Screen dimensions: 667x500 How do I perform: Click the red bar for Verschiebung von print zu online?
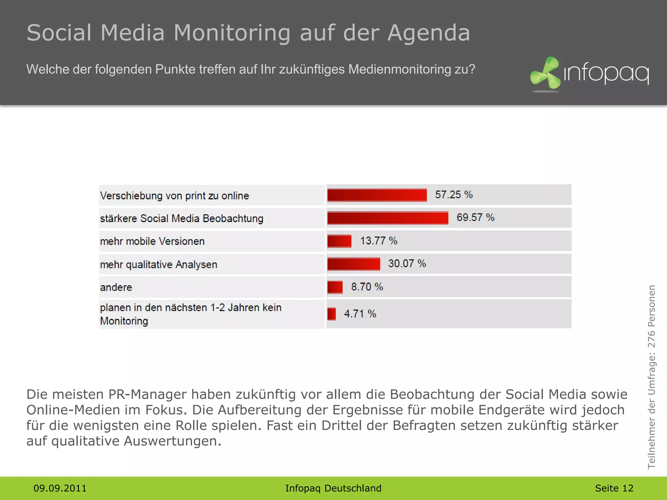pos(377,195)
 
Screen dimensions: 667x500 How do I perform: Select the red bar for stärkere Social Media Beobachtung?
pos(388,218)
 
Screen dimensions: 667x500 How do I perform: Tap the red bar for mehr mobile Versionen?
pos(339,241)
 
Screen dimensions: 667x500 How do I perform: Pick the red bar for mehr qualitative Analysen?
pos(353,264)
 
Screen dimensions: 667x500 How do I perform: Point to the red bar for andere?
pos(335,287)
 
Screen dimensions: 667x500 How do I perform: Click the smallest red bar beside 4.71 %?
pos(332,314)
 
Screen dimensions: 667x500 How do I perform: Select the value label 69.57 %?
pos(475,217)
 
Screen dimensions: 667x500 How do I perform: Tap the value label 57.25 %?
pos(454,195)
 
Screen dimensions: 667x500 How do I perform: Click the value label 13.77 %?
pos(378,241)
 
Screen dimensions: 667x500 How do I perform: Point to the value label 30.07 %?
pos(407,264)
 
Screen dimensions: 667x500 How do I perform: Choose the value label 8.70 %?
pos(367,287)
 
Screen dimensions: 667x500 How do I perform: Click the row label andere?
pos(116,287)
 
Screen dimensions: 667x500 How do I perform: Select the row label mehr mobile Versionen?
pos(152,242)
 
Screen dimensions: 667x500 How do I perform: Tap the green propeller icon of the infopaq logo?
pos(546,73)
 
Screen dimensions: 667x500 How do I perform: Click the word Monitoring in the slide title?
pos(232,33)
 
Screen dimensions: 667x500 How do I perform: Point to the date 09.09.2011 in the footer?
pos(60,488)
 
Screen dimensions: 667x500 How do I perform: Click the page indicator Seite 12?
pos(614,488)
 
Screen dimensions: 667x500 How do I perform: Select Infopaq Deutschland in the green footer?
pos(333,488)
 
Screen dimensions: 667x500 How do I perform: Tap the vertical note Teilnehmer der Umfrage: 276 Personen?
pos(651,377)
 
